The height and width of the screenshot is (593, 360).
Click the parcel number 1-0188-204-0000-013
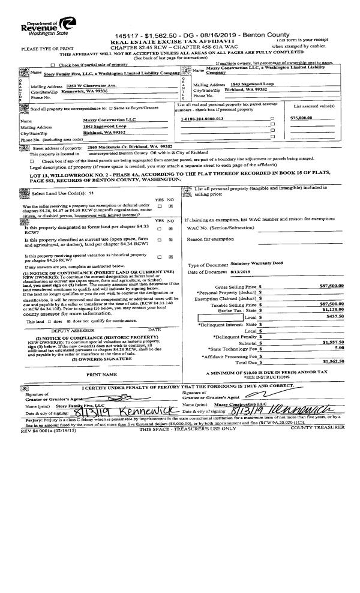pos(202,119)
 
